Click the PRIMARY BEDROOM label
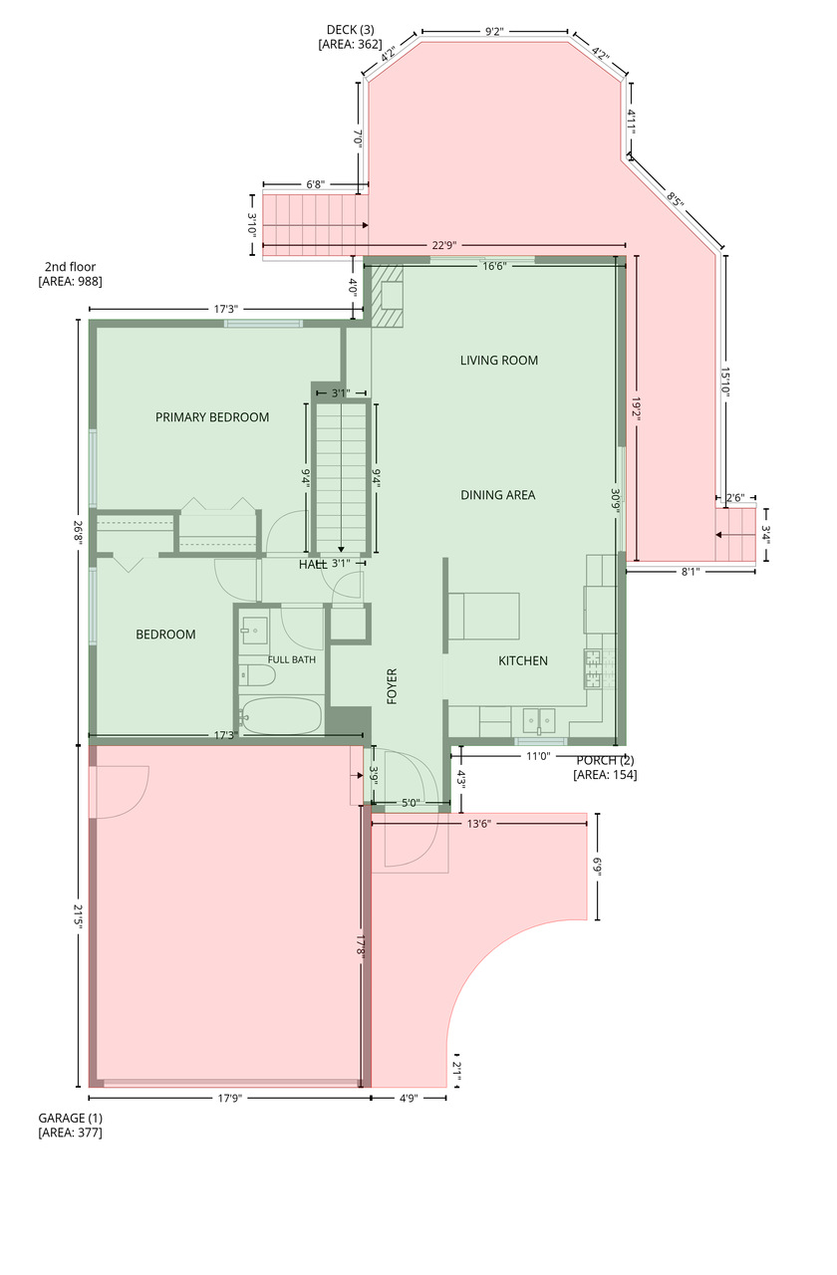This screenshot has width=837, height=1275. (212, 417)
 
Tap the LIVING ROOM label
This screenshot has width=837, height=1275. (499, 361)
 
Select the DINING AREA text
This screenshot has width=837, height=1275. (497, 495)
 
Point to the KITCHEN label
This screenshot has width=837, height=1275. (523, 660)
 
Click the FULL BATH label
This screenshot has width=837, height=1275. (292, 659)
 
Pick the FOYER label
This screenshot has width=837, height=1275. (392, 686)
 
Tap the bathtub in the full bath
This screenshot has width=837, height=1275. (280, 715)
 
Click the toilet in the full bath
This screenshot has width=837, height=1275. (257, 675)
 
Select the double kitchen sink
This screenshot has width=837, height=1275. (539, 721)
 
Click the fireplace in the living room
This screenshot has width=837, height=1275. (388, 295)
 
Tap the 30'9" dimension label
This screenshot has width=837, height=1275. (615, 501)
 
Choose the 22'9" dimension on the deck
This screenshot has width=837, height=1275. (444, 245)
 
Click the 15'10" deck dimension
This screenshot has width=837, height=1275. (724, 382)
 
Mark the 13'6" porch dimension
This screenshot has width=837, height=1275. (479, 824)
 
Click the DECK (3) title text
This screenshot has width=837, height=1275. (350, 30)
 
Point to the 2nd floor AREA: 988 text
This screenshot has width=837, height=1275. (70, 281)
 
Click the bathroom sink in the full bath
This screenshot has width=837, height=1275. (254, 631)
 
